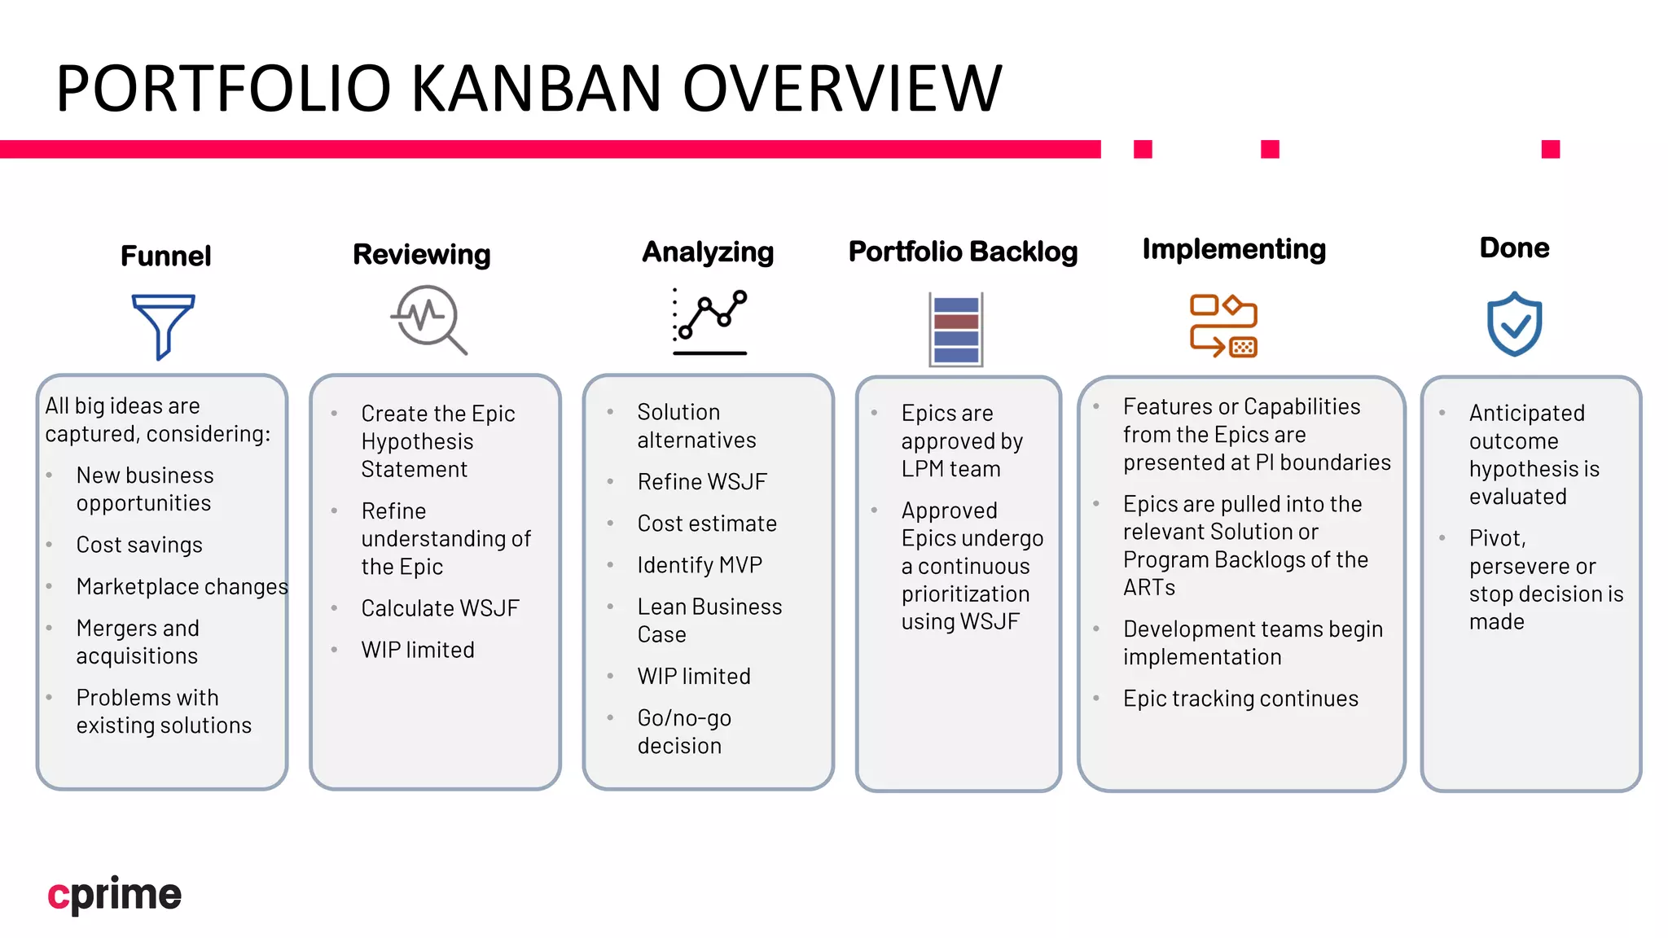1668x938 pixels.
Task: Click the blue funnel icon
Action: click(163, 326)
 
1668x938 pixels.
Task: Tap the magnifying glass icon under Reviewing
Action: click(428, 319)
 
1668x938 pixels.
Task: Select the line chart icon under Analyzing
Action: click(709, 322)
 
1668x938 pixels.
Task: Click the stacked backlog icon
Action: click(956, 330)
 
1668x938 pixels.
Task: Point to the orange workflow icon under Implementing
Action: click(1223, 326)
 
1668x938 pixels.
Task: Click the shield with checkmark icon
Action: click(1514, 324)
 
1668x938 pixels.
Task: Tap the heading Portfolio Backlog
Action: click(963, 252)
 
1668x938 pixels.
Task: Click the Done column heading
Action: click(1514, 248)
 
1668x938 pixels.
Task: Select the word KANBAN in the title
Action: click(536, 88)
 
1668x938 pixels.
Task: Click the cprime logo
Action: click(115, 894)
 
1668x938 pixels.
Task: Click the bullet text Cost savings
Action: click(139, 545)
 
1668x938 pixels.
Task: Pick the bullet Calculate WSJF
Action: click(440, 608)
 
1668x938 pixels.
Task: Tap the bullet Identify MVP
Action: click(700, 565)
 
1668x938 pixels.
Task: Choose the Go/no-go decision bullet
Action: click(684, 731)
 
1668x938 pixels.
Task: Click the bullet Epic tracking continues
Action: click(1240, 699)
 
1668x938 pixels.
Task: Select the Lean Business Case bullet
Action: click(709, 620)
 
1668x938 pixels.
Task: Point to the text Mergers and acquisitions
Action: click(138, 642)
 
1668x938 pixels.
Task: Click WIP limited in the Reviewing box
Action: click(418, 650)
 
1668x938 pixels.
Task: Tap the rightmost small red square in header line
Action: click(1550, 149)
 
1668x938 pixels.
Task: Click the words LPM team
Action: click(950, 469)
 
